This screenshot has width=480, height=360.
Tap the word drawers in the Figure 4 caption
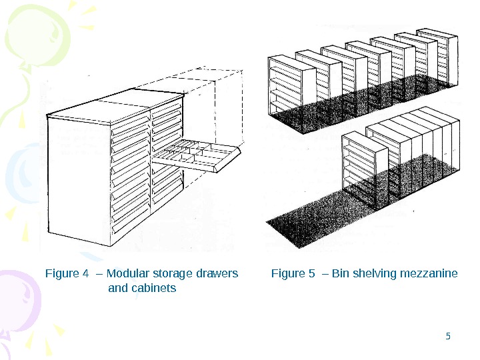coord(217,273)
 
